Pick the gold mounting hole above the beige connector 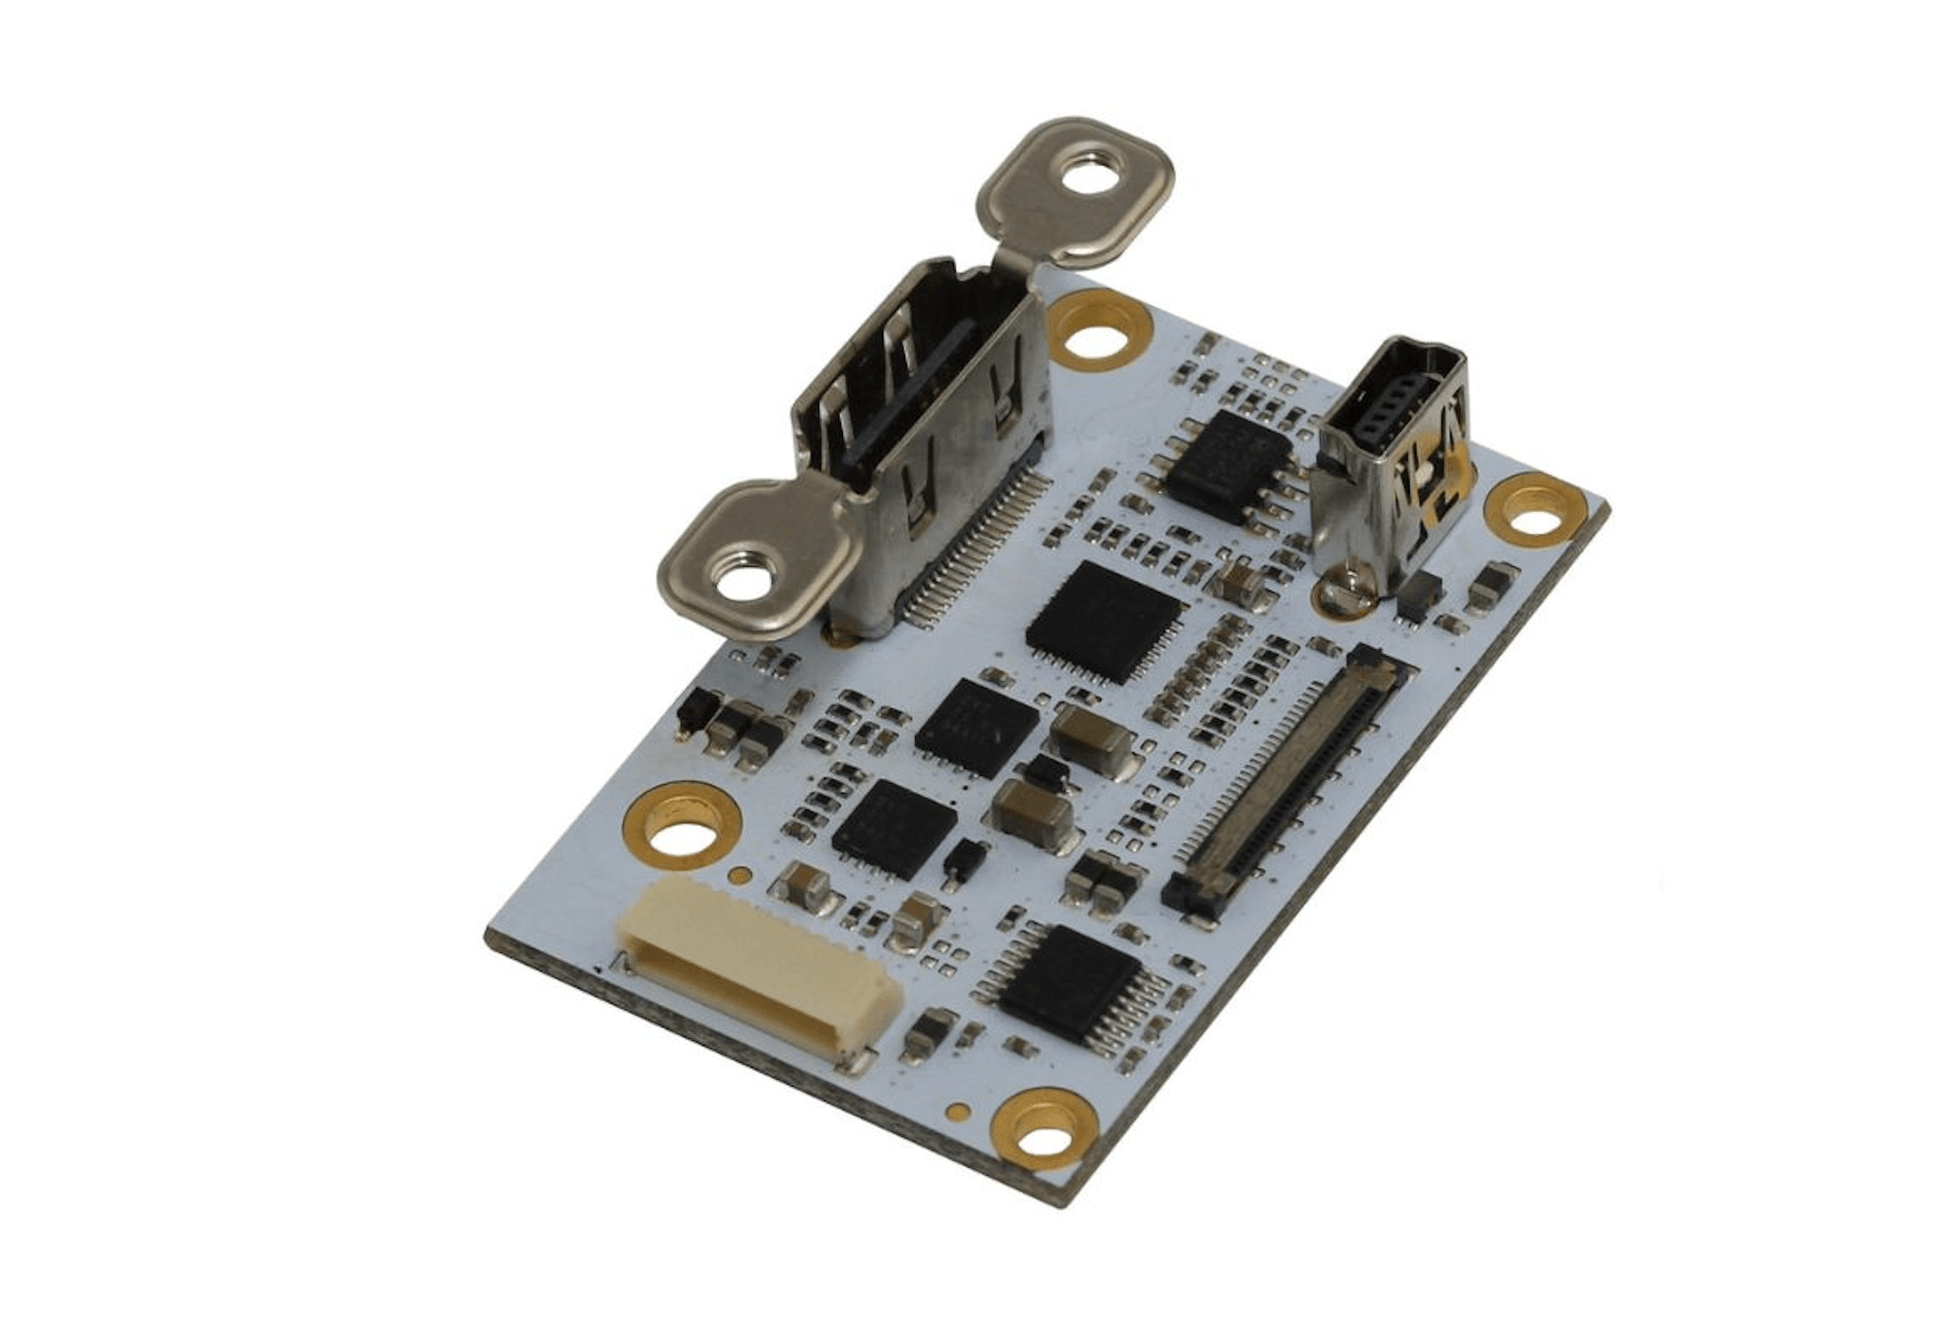681,829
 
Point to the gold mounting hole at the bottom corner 1047,1128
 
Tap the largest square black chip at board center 1105,621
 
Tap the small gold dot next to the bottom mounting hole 957,1111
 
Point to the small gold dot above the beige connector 738,875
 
